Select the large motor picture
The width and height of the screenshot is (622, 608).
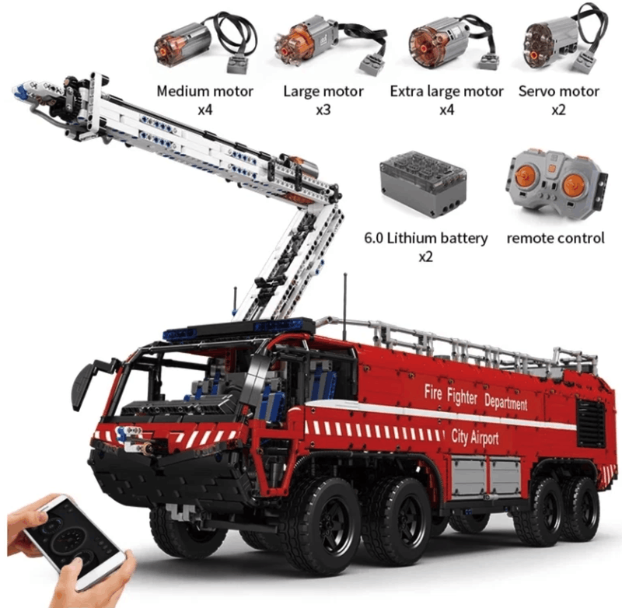329,44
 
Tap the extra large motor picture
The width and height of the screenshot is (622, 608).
452,44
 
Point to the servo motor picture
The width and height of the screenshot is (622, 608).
563,39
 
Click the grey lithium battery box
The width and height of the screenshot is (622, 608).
423,183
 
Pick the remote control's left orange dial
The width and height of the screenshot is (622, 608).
526,177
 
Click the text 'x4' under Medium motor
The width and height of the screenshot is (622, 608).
205,110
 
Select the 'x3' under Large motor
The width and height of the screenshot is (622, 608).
323,110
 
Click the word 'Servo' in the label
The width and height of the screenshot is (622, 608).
537,91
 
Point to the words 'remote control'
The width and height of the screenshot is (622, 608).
555,238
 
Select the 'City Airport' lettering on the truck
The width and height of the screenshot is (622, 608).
475,437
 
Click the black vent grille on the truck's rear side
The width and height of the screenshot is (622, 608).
591,423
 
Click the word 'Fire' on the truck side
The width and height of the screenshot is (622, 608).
433,392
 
